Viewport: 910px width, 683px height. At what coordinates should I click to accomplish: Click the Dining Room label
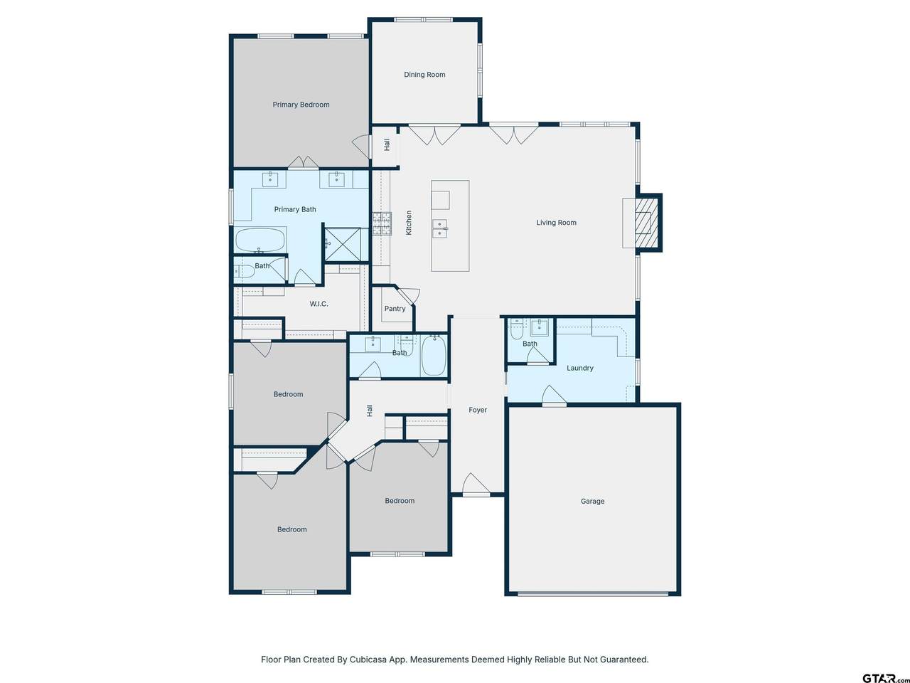pos(424,75)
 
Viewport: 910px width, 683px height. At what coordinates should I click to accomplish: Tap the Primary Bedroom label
pos(301,105)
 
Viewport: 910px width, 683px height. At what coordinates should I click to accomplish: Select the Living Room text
pos(557,223)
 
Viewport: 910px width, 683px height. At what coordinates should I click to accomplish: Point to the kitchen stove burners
pos(382,223)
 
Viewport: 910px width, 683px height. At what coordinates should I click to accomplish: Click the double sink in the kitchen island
pos(439,229)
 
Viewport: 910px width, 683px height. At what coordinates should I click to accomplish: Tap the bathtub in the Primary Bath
pos(260,240)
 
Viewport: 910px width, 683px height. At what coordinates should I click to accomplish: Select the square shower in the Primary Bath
pos(343,244)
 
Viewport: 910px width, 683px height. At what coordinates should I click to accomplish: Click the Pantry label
pos(395,309)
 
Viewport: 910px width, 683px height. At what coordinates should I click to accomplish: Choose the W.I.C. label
pos(318,304)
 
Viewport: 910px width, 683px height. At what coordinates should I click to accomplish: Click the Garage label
pos(592,502)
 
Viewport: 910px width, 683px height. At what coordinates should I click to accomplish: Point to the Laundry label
pos(580,369)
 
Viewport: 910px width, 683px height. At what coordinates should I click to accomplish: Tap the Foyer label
pos(478,410)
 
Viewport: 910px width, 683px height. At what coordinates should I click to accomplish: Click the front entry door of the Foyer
pos(476,485)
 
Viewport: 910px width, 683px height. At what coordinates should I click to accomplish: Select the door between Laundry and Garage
pos(554,394)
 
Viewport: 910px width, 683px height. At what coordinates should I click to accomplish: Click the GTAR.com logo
pos(885,678)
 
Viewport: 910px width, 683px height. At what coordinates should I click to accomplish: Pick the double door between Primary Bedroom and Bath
pos(303,162)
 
